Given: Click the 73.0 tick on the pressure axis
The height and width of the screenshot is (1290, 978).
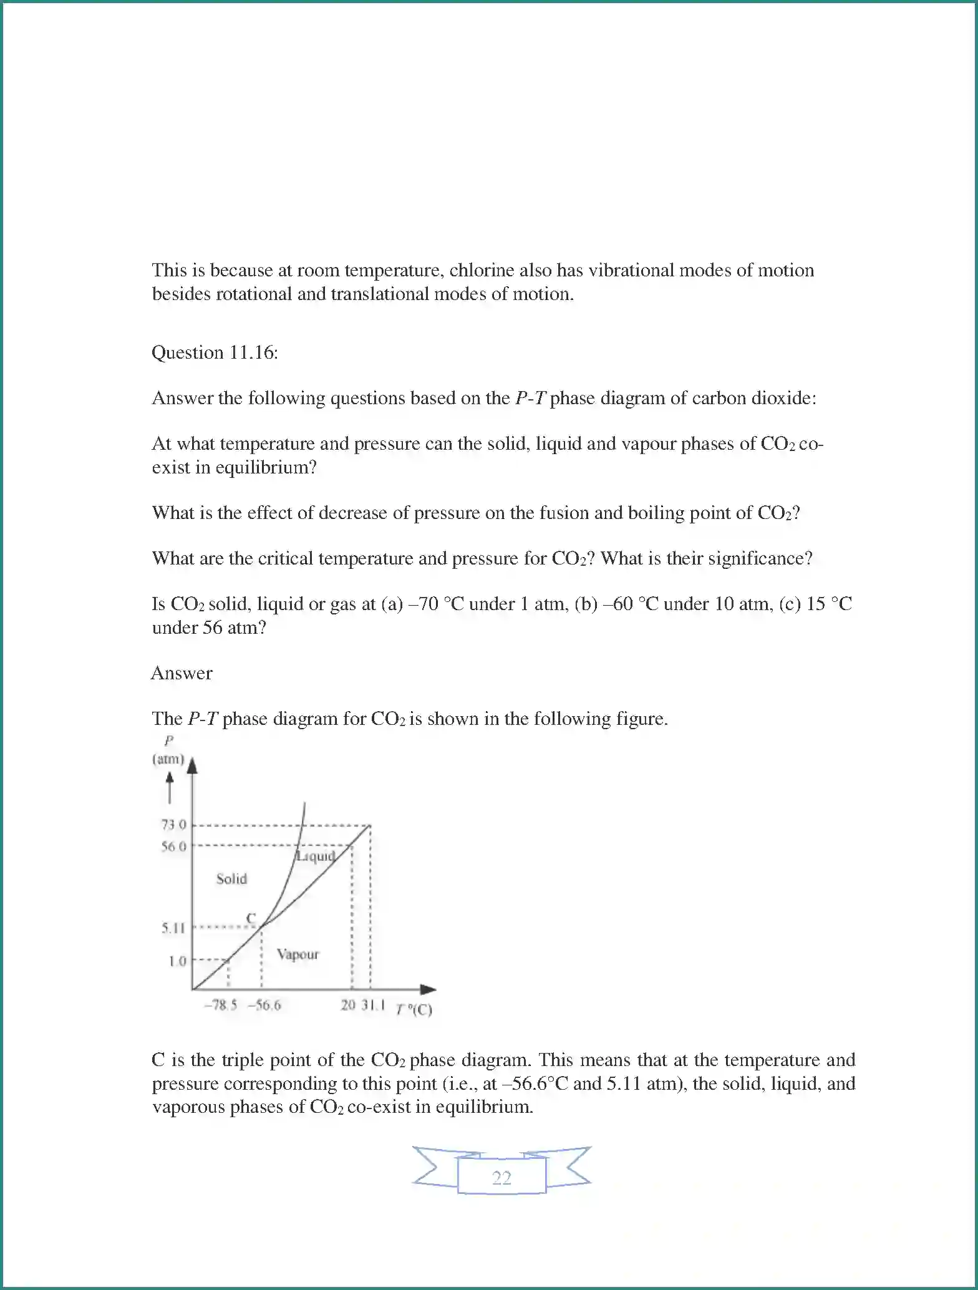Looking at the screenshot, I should tap(174, 825).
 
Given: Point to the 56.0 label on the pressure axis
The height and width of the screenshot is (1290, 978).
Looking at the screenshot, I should tap(174, 846).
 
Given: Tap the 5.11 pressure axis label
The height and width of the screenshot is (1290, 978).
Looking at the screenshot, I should tap(174, 928).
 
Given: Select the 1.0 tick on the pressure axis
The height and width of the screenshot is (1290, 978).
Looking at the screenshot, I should tap(178, 961).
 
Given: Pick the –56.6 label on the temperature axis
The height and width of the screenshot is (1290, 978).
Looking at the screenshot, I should tap(264, 1006).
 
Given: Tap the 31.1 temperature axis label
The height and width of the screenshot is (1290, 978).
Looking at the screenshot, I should tap(374, 1006).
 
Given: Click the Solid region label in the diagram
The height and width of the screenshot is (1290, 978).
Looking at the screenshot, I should tap(231, 879).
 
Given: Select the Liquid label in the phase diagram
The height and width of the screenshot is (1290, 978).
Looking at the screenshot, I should tap(316, 856).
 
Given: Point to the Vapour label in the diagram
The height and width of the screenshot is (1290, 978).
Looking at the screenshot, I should tap(298, 954).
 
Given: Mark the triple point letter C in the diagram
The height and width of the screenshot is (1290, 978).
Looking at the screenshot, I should tap(251, 918).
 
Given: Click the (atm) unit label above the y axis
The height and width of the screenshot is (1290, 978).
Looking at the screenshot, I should tap(168, 759).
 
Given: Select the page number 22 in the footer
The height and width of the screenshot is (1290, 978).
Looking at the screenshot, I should tap(501, 1178).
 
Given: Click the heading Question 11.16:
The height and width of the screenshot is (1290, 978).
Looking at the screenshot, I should tap(215, 352).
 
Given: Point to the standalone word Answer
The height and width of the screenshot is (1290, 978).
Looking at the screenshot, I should tap(182, 673).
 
